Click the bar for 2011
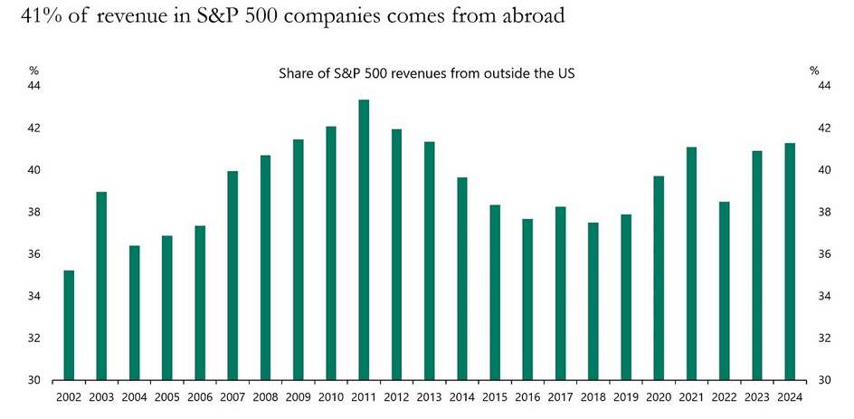pyautogui.click(x=363, y=240)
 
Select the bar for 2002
pyautogui.click(x=69, y=325)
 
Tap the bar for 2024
pyautogui.click(x=789, y=262)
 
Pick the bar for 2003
pyautogui.click(x=101, y=286)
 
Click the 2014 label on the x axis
pyautogui.click(x=461, y=396)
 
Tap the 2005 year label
pyautogui.click(x=166, y=396)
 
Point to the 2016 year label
pyautogui.click(x=527, y=396)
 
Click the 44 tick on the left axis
pyautogui.click(x=36, y=86)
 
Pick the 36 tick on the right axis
pyautogui.click(x=823, y=254)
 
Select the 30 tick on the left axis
pyautogui.click(x=36, y=380)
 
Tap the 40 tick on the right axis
pyautogui.click(x=823, y=170)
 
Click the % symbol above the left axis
pyautogui.click(x=34, y=70)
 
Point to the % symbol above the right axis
pyautogui.click(x=814, y=70)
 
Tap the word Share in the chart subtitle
pyautogui.click(x=296, y=74)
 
